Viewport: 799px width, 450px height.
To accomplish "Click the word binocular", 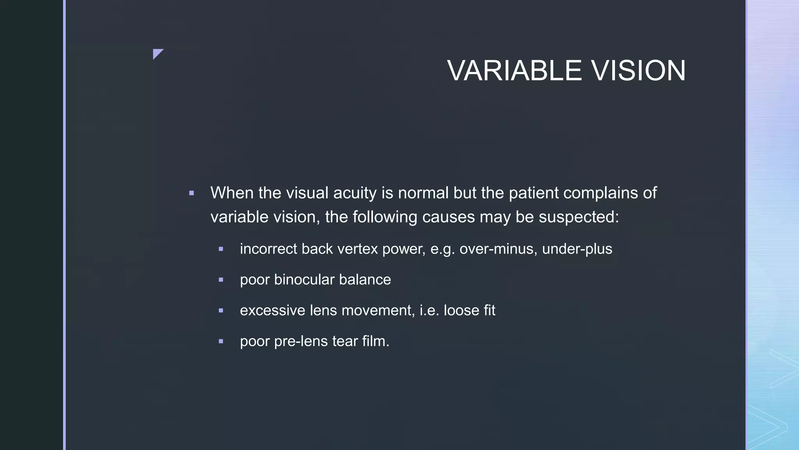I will coord(304,280).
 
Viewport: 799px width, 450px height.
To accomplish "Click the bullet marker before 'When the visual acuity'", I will coord(192,193).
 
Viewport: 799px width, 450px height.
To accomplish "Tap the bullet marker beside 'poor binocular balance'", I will coord(221,280).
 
